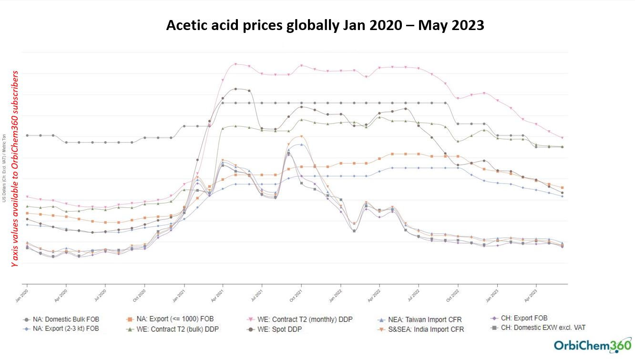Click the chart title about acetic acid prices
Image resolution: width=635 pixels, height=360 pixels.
click(x=325, y=25)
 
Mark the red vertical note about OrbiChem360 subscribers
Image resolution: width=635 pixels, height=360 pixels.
click(x=15, y=168)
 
